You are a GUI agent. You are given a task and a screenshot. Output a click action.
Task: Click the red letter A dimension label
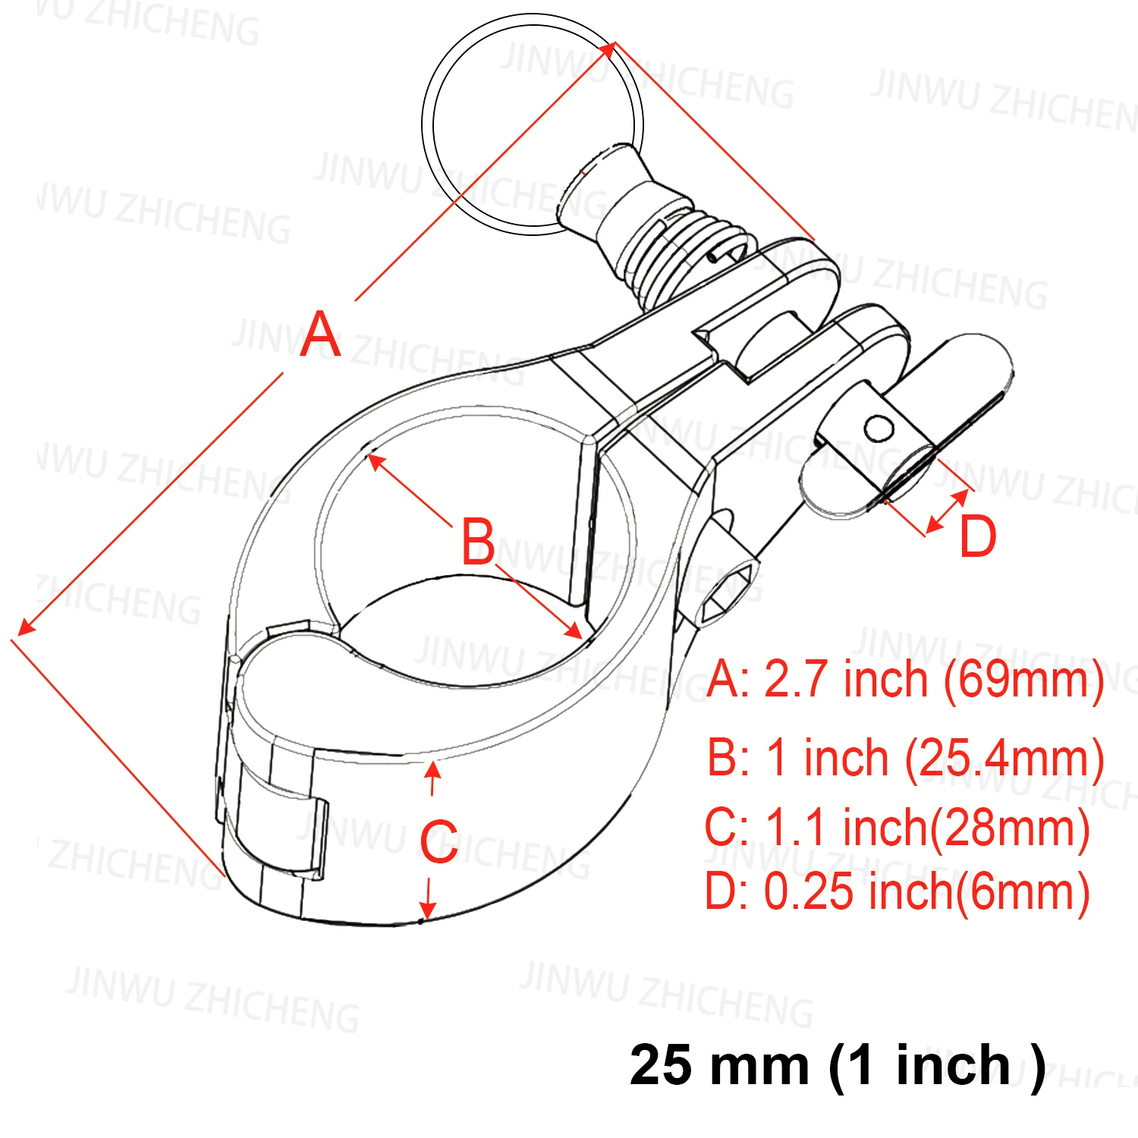click(320, 334)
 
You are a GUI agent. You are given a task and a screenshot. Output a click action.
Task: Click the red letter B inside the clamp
click(478, 542)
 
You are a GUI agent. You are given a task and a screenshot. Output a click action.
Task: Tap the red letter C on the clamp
click(439, 841)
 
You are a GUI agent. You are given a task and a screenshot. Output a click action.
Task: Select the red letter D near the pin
click(978, 536)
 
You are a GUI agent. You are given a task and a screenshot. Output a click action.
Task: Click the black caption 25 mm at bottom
click(719, 1065)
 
